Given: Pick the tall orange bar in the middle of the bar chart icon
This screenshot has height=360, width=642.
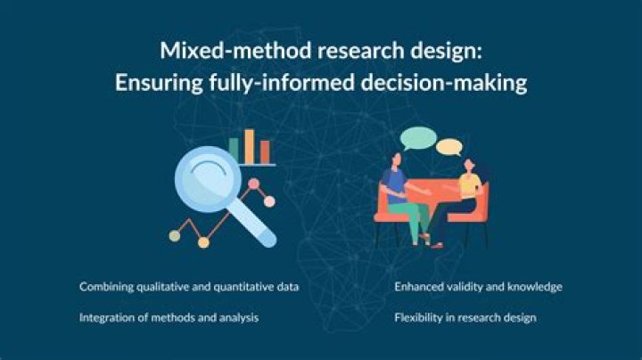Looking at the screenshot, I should point(249,146).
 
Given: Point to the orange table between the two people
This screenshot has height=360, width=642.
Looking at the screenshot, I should point(432,193).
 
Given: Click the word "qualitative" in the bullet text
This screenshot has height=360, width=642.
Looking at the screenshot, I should point(169,287).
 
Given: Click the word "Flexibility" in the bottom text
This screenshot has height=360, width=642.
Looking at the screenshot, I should point(419,317).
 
